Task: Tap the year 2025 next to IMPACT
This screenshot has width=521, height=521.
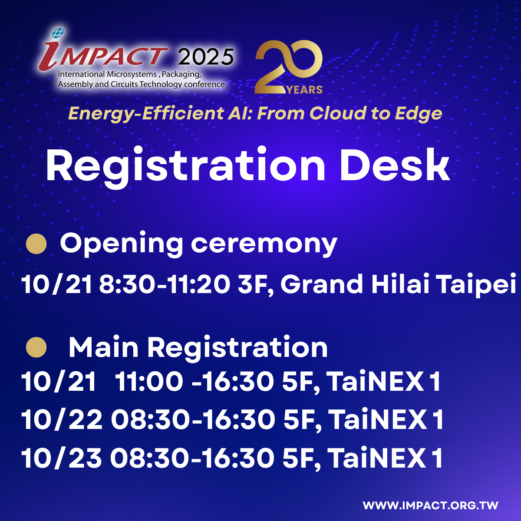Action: click(x=205, y=57)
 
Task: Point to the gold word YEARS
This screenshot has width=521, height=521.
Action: click(x=305, y=90)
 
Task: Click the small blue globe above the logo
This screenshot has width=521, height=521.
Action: click(x=58, y=33)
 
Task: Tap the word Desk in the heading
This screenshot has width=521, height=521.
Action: click(x=395, y=165)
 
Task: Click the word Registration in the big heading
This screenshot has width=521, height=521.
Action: click(x=185, y=166)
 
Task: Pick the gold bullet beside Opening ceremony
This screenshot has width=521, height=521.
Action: click(x=36, y=244)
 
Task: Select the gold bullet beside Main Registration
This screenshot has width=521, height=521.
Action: click(x=36, y=347)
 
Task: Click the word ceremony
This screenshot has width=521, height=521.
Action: click(x=264, y=245)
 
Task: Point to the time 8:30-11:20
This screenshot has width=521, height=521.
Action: click(x=165, y=284)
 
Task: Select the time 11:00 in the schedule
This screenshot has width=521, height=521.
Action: click(x=149, y=381)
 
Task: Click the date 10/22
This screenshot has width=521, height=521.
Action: click(x=62, y=419)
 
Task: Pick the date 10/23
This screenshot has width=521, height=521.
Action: click(x=62, y=458)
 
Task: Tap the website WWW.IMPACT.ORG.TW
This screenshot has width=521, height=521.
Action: click(x=430, y=505)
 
